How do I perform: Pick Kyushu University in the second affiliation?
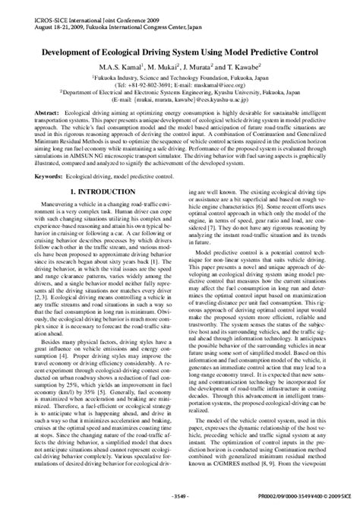click(254, 94)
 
